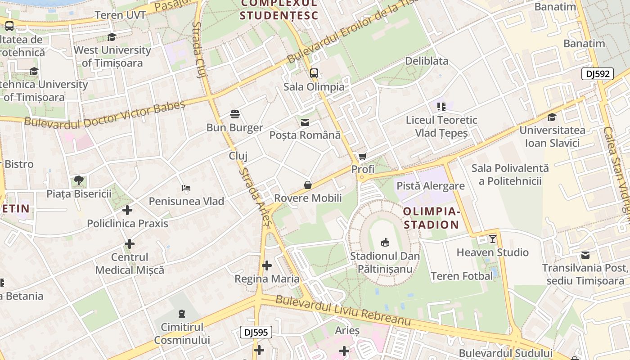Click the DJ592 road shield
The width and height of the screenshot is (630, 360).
tap(598, 74)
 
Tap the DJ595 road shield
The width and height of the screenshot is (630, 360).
tap(256, 333)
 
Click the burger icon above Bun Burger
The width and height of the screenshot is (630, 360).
tap(234, 114)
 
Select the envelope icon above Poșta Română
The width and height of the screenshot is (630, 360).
tap(305, 122)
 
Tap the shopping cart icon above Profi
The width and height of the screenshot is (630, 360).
tap(362, 157)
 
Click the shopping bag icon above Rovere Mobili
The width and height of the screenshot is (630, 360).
tap(308, 185)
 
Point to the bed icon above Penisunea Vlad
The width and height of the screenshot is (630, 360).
tap(186, 188)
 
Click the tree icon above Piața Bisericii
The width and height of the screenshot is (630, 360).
tap(79, 180)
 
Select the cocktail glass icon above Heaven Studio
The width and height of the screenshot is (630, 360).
tap(493, 239)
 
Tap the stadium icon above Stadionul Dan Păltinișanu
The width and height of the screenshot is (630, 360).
tap(385, 243)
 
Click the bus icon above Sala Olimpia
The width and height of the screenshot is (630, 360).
tap(314, 73)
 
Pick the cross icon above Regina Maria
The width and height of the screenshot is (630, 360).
tap(267, 265)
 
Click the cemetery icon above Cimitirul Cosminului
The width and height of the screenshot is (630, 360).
tap(182, 314)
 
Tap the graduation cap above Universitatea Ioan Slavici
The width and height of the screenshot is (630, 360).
tap(552, 117)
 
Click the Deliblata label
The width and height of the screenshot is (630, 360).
tap(427, 61)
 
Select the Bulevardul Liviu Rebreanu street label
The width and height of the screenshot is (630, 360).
tap(343, 310)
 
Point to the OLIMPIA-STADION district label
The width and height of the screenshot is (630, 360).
tap(431, 218)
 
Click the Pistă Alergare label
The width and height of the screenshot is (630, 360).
tap(430, 186)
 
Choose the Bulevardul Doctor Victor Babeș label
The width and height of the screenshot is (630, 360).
tap(104, 115)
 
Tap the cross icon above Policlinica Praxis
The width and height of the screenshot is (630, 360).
tap(127, 210)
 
